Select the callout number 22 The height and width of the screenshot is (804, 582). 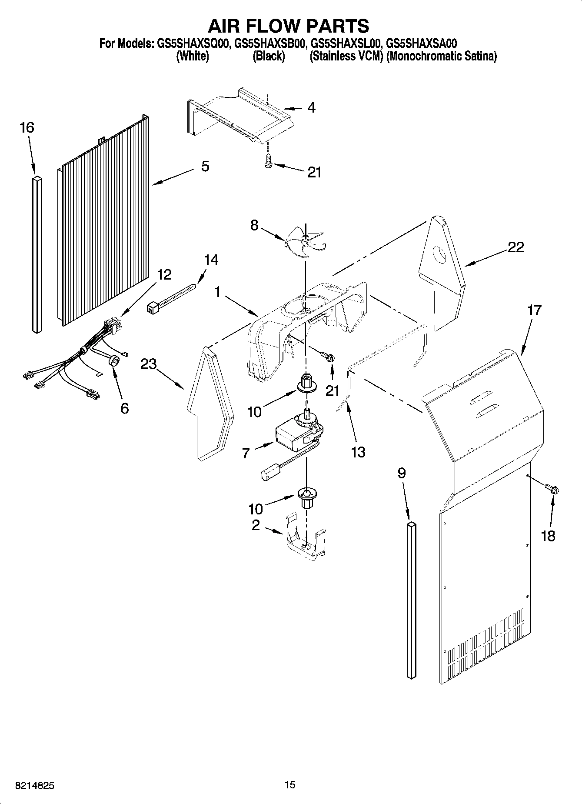coord(515,247)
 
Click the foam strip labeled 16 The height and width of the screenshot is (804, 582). coord(37,254)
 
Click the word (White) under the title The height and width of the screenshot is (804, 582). coord(192,57)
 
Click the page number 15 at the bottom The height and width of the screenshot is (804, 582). coord(290,784)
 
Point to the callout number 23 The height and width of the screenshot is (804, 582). coord(148,364)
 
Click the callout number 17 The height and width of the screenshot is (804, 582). coord(534,310)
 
